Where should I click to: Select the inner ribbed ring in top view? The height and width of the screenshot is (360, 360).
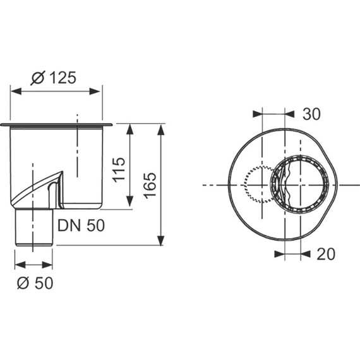point(299,184)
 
